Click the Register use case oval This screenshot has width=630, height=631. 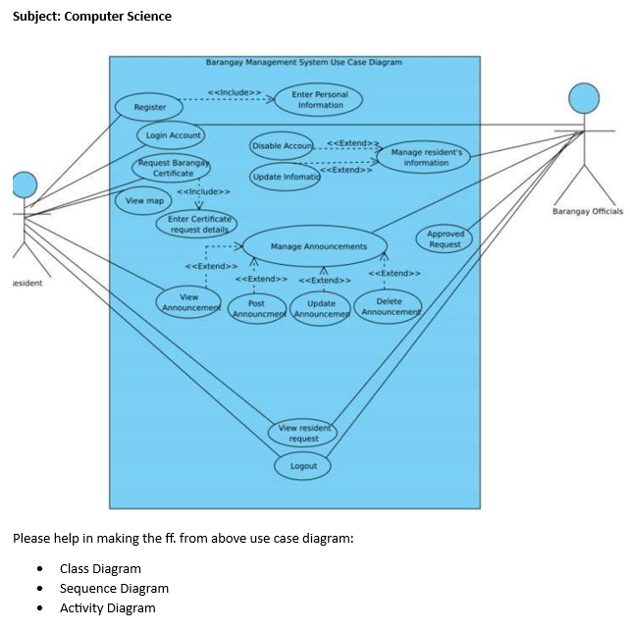(x=150, y=106)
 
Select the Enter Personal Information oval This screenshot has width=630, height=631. (x=320, y=100)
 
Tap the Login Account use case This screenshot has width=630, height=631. (x=172, y=134)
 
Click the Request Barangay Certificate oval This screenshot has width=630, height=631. (x=173, y=168)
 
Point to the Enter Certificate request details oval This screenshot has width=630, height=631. (x=197, y=224)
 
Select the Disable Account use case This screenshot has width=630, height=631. (x=282, y=146)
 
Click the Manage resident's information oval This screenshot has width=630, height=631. (x=426, y=157)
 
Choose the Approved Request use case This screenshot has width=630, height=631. (x=446, y=238)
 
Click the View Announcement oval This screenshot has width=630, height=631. (x=188, y=302)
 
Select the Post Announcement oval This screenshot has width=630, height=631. (x=256, y=308)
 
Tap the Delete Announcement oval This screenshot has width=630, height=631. (x=389, y=307)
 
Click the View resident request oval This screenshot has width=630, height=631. (x=305, y=433)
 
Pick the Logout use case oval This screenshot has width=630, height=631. (x=303, y=466)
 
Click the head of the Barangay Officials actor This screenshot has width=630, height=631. (x=584, y=98)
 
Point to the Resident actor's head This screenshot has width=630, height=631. (x=25, y=184)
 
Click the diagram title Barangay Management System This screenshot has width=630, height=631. (x=303, y=62)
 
